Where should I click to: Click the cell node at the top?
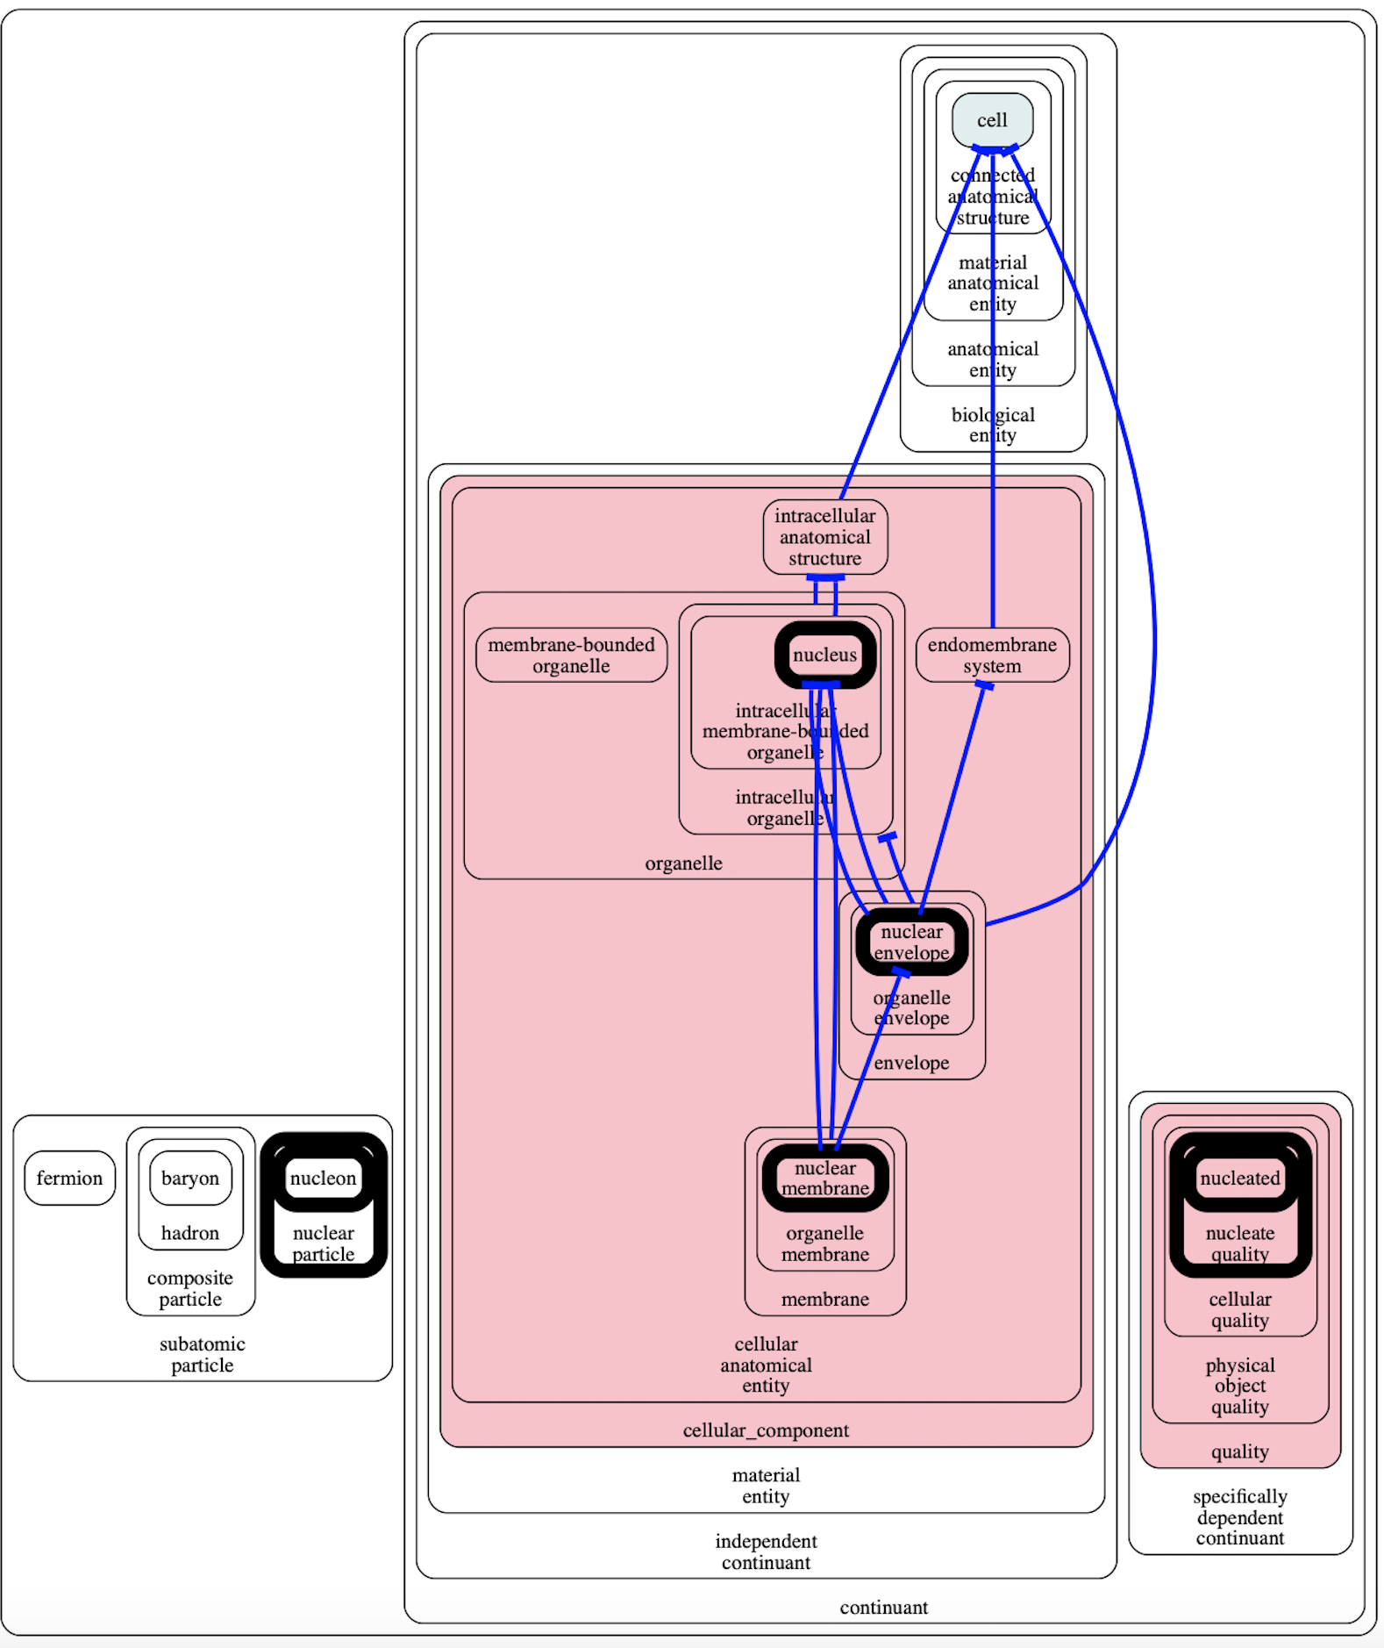[992, 120]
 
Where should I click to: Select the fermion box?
[69, 1178]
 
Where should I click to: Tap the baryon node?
[190, 1178]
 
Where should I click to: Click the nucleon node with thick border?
[323, 1178]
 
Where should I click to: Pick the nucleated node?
[1239, 1178]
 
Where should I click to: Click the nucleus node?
[824, 655]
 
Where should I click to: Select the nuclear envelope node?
[911, 942]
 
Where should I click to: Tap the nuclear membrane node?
[824, 1178]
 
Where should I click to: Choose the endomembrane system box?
[992, 655]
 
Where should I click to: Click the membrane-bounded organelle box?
[571, 655]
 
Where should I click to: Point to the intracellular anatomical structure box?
[824, 537]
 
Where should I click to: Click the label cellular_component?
[766, 1430]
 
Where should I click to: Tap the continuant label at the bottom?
[883, 1608]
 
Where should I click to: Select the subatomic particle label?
[202, 1354]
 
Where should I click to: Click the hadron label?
[190, 1233]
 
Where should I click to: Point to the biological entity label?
[993, 425]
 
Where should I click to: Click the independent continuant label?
[766, 1551]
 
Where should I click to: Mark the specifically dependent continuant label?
[1239, 1517]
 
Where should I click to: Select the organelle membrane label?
[824, 1243]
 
